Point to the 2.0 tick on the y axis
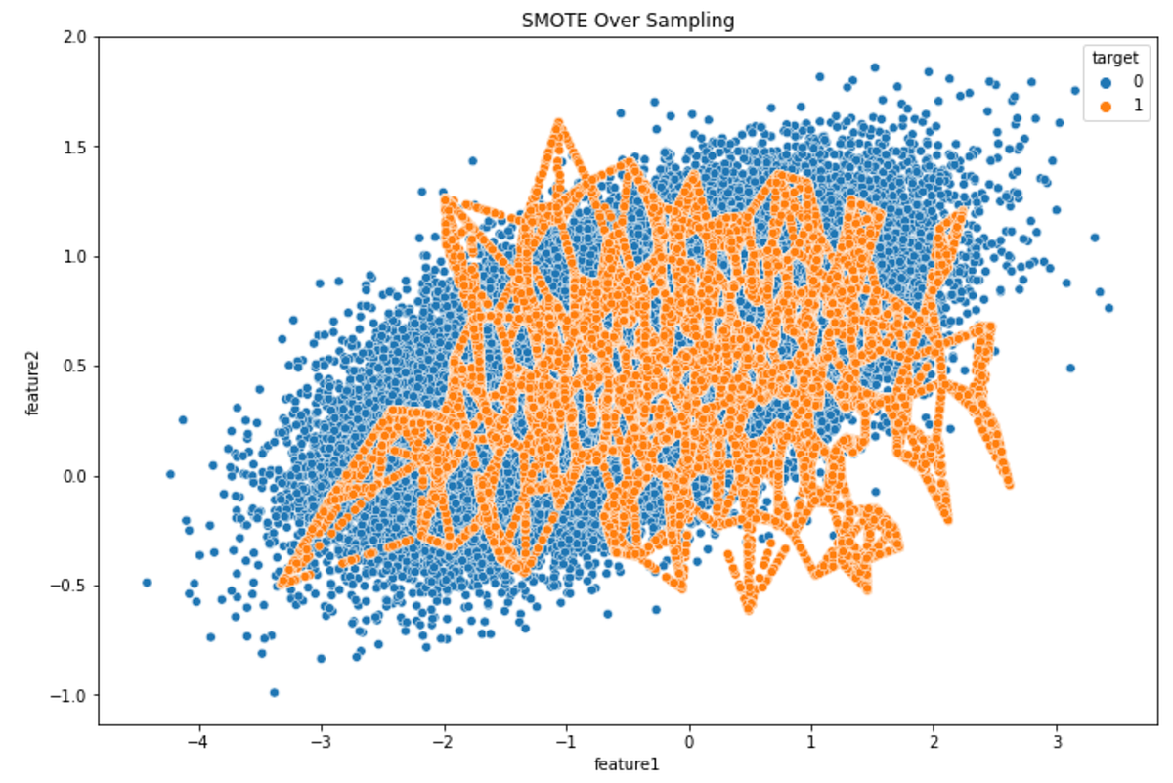[76, 37]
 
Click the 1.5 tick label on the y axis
[76, 147]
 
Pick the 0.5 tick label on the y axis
[76, 367]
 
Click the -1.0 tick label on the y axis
[72, 696]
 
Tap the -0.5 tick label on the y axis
[72, 587]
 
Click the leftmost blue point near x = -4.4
[147, 583]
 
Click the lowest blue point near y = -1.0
[274, 692]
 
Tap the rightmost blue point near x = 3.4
[1108, 308]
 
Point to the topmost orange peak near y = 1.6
[558, 124]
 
